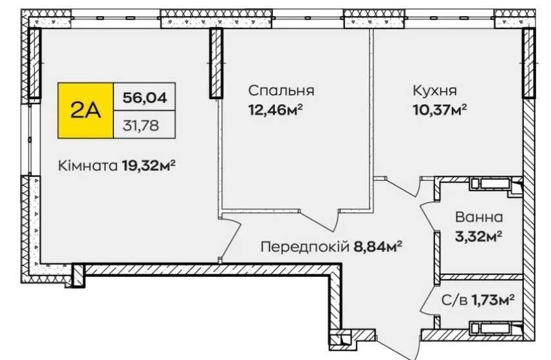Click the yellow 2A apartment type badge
(x=86, y=111)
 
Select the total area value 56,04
(x=144, y=97)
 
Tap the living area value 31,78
(x=140, y=125)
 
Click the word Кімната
(x=88, y=166)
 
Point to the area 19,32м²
(x=149, y=166)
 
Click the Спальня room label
(x=281, y=90)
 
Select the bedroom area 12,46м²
(x=275, y=109)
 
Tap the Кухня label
(x=434, y=90)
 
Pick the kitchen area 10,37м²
(x=440, y=109)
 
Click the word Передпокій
(x=304, y=247)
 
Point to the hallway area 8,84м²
(x=377, y=247)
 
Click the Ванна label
(x=479, y=217)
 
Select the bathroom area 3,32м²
(x=478, y=236)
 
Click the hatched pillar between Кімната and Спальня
(x=216, y=63)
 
